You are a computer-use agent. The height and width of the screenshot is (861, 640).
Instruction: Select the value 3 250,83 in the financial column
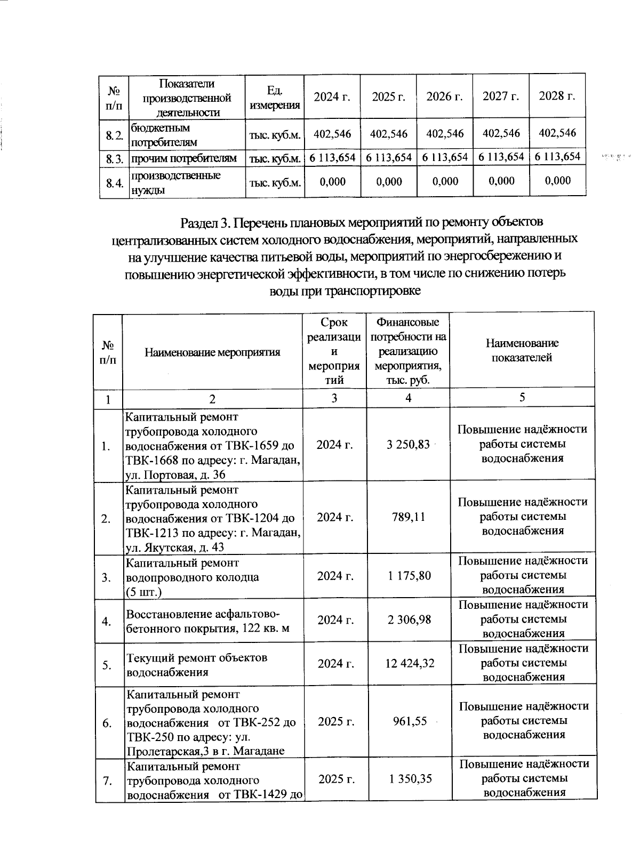(408, 445)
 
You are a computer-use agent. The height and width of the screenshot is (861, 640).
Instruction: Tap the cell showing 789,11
(408, 517)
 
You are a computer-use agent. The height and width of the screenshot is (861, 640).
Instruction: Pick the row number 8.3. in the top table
(114, 158)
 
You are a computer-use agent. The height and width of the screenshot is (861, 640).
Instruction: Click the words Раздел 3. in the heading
(205, 221)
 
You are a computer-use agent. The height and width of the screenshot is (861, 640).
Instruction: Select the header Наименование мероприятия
(212, 352)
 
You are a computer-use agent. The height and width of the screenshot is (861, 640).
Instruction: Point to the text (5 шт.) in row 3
(143, 591)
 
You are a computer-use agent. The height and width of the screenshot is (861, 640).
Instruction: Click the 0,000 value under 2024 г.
(332, 182)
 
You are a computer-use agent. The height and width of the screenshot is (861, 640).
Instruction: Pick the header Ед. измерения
(274, 97)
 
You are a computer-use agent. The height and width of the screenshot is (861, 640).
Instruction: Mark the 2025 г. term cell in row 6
(336, 721)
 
